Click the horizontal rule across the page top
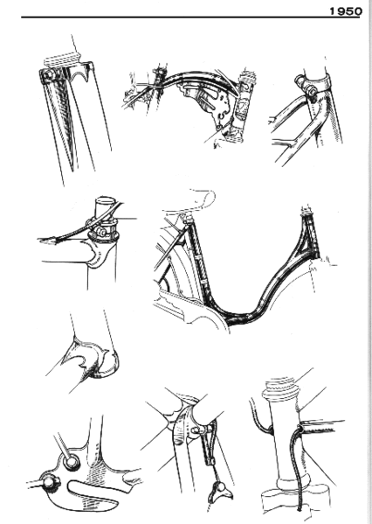(175, 17)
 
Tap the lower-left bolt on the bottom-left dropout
(44, 480)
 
